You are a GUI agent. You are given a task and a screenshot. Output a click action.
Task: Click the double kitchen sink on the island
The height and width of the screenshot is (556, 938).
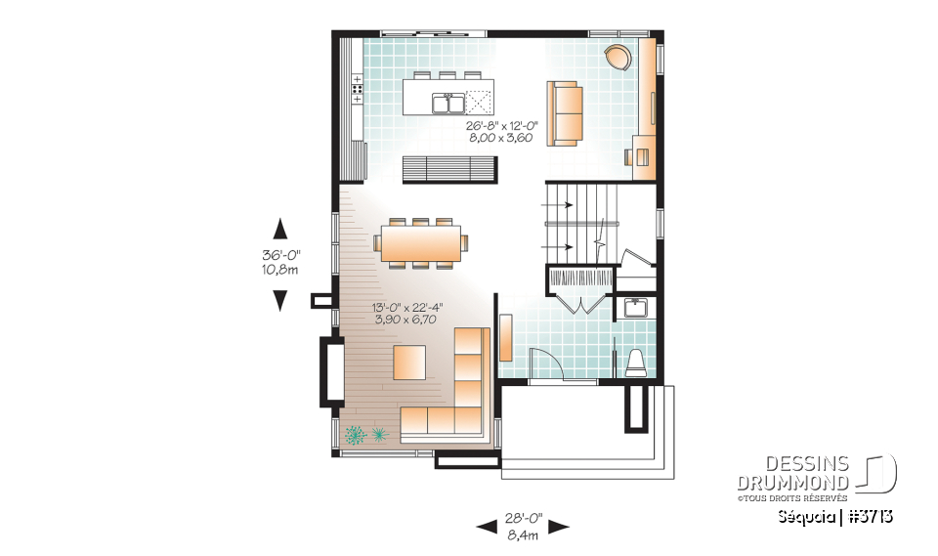coord(448,101)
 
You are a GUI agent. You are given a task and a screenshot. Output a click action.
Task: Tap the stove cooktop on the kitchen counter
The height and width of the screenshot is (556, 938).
coord(357,89)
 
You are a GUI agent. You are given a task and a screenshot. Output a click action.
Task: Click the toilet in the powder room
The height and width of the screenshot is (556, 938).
coord(636,363)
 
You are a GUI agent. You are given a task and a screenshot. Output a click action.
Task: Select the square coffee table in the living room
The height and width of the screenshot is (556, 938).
coord(409,362)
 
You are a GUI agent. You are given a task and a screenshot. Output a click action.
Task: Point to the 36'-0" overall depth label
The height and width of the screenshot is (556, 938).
coord(279,256)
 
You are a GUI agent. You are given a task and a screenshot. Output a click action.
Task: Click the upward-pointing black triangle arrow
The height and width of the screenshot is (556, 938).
coord(280,229)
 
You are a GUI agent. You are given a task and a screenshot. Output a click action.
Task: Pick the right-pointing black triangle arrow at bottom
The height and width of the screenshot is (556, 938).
coord(558,527)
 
